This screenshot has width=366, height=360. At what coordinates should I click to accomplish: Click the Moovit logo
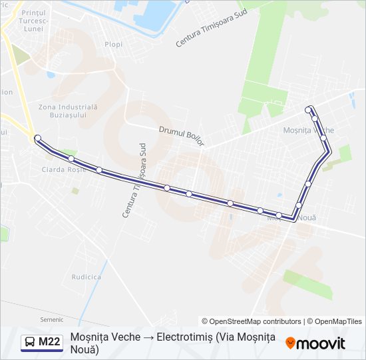(315, 343)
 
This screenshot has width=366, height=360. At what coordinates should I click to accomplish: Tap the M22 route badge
(41, 343)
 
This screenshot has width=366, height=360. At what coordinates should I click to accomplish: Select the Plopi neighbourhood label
(113, 45)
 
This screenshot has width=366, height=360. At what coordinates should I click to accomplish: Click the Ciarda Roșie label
(64, 169)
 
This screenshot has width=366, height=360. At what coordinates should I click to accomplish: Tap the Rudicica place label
(87, 276)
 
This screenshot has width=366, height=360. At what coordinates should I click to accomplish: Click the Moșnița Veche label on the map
(309, 129)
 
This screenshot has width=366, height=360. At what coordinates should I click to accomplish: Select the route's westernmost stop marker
(37, 138)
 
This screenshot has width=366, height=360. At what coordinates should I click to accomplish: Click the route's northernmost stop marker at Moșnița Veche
(307, 109)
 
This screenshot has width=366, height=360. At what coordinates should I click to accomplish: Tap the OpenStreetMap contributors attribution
(252, 321)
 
